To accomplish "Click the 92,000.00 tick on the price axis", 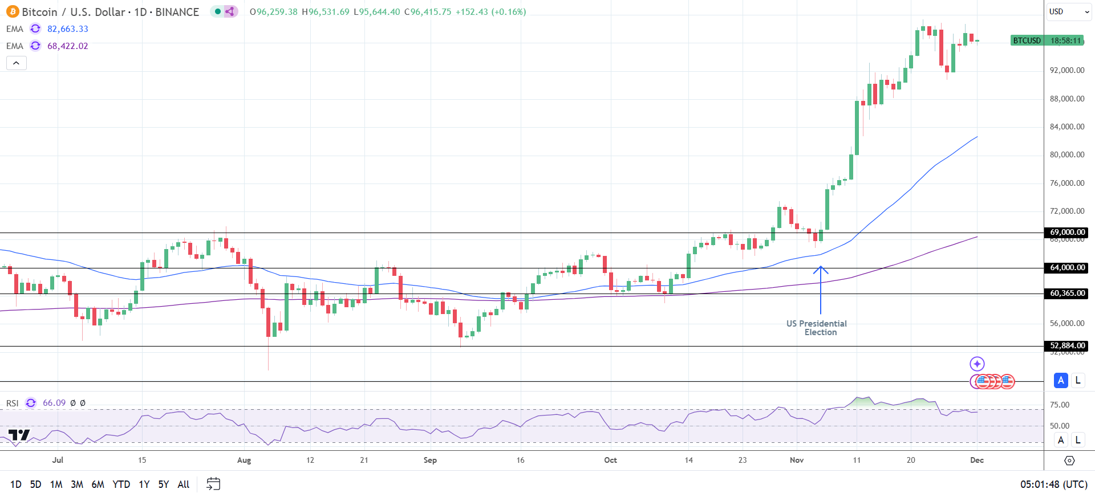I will pos(1066,71).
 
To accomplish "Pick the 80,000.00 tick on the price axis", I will pos(1066,155).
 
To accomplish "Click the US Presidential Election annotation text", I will pos(817,328).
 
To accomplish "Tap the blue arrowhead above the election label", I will pos(821,269).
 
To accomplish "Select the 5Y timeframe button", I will pos(164,484).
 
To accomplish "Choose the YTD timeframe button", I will pos(121,484).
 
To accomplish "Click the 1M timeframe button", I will pos(56,484).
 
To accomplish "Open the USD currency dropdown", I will pos(1069,12).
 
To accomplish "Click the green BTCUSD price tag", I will pos(1027,40).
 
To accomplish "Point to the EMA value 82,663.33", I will pos(67,29).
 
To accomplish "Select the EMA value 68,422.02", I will pos(67,46).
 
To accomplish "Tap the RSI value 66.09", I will pos(54,403).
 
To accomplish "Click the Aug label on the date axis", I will pos(244,461).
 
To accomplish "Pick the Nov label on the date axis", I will pos(797,461).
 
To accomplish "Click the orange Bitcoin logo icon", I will pos(13,12).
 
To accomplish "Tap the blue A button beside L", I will pos(1061,380).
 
